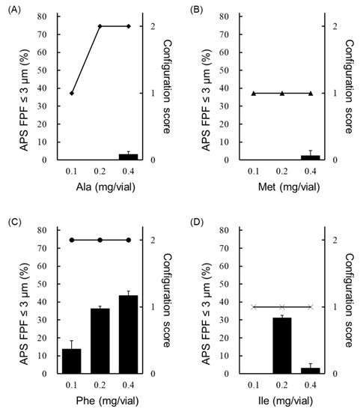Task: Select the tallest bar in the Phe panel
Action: [129, 334]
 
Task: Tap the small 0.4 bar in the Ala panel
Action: [129, 157]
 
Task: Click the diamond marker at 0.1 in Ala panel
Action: [72, 93]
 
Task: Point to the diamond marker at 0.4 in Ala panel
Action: [129, 26]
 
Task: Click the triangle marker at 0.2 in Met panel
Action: [282, 93]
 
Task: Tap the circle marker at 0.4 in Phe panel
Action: [129, 240]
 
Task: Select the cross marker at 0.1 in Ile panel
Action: [254, 306]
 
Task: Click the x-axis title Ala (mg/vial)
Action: [100, 191]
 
